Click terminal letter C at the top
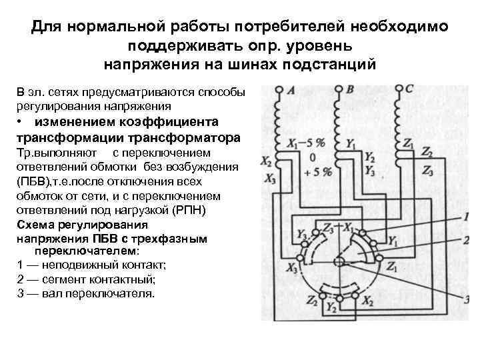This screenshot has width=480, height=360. point(409,89)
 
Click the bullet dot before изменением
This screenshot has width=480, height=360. point(22,123)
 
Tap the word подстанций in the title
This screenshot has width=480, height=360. point(334,65)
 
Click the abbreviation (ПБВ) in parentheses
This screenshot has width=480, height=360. point(31,181)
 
